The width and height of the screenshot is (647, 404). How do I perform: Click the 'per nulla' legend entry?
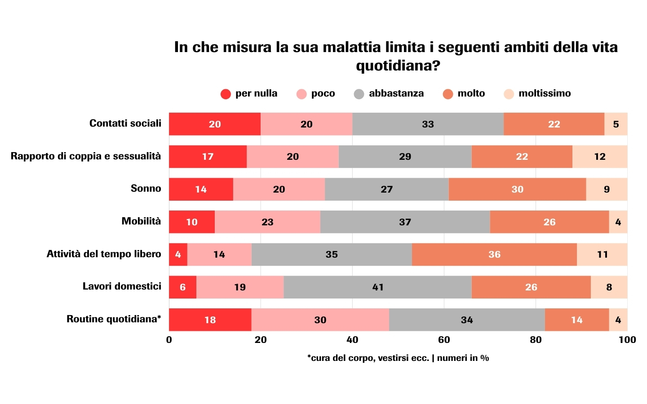point(249,94)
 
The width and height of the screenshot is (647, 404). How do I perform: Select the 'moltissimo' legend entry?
point(537,94)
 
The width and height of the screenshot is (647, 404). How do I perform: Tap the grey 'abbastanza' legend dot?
point(359,94)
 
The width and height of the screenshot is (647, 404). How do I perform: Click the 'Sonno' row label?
point(146,189)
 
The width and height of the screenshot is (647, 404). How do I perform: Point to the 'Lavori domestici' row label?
point(122,286)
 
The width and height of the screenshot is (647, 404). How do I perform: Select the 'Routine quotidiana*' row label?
point(114,319)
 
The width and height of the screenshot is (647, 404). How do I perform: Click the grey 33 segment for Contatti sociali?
point(428,124)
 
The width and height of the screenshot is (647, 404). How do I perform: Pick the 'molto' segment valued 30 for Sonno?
point(517,189)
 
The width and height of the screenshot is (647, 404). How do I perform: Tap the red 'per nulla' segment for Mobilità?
point(192,222)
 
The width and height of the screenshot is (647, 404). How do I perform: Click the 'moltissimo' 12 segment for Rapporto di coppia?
point(600,157)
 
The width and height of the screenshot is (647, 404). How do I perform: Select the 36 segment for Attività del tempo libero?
point(494,255)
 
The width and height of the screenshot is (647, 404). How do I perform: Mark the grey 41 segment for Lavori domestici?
point(378,287)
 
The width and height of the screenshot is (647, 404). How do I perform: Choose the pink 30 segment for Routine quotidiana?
point(320,320)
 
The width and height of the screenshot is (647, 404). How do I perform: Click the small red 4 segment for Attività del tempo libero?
point(178,255)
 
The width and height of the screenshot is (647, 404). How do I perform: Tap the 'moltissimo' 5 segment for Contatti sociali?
point(616,124)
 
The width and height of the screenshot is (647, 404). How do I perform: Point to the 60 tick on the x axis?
point(444,340)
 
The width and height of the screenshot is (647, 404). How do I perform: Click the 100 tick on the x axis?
point(627,340)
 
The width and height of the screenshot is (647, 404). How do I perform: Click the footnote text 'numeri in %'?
point(463,358)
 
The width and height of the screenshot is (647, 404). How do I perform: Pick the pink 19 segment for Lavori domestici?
point(240,287)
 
